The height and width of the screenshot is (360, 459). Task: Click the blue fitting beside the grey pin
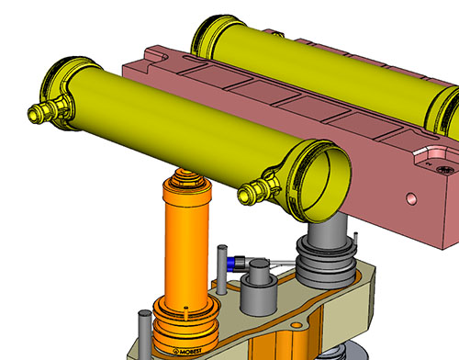(236, 263)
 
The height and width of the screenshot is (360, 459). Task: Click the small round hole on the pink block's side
(411, 199)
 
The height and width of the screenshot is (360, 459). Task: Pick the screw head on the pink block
(444, 169)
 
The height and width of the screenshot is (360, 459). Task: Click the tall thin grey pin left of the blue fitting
(222, 269)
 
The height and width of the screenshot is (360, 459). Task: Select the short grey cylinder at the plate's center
(259, 287)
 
